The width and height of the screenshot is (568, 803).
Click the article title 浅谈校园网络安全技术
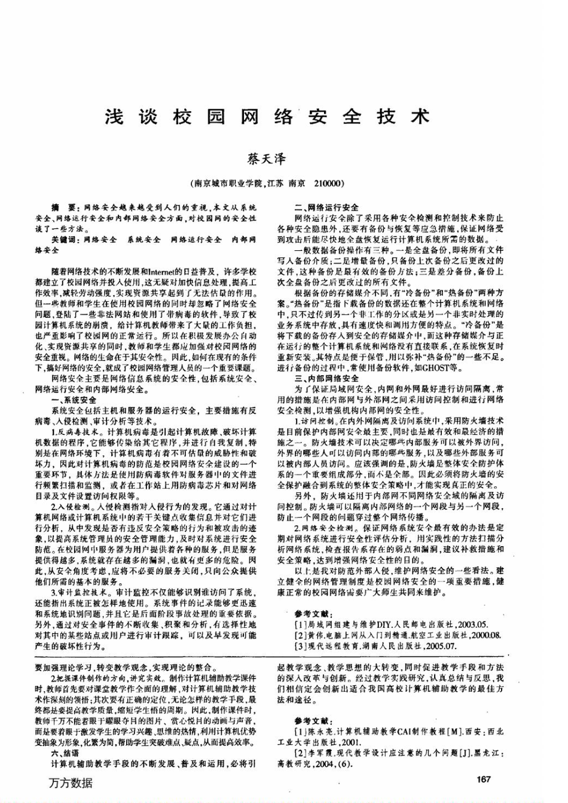click(267, 116)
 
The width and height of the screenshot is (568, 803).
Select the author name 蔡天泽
click(267, 159)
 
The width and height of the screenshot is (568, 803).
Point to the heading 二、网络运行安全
click(327, 207)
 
